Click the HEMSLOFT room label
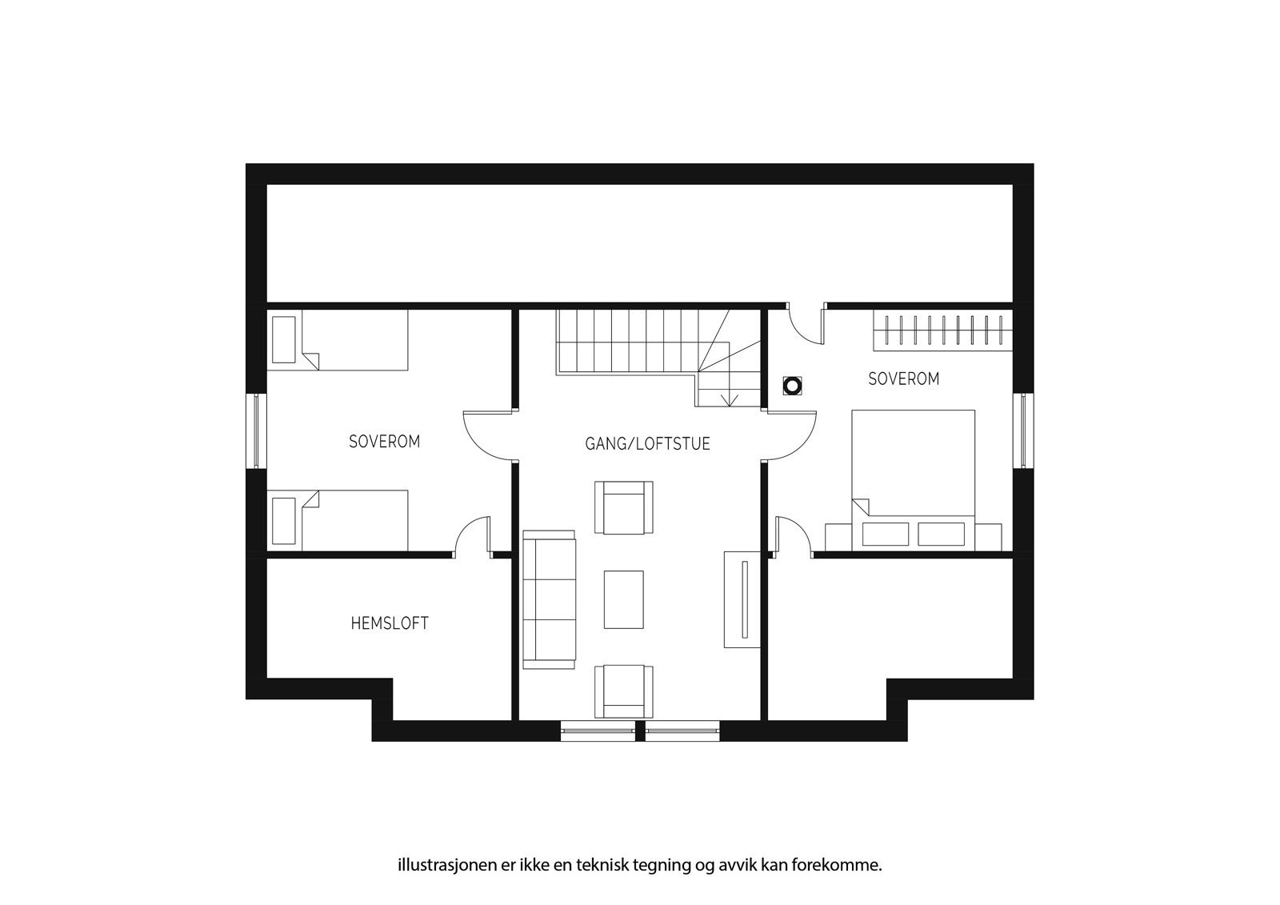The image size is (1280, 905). tap(390, 623)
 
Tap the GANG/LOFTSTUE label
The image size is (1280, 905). tap(647, 443)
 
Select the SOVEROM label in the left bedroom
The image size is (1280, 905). tap(384, 441)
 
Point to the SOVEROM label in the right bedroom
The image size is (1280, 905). tap(903, 378)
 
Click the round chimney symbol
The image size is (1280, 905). tap(791, 386)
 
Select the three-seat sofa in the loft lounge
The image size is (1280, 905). tap(549, 599)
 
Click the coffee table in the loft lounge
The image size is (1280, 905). tap(623, 599)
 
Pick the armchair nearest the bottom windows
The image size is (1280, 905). tap(623, 691)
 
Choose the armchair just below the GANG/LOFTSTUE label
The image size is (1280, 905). tap(627, 507)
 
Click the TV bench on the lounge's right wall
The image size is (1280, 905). tap(741, 599)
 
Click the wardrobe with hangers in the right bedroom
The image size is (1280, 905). tap(942, 329)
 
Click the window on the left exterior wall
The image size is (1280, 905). tap(257, 430)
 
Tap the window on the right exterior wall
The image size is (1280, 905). tap(1023, 430)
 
